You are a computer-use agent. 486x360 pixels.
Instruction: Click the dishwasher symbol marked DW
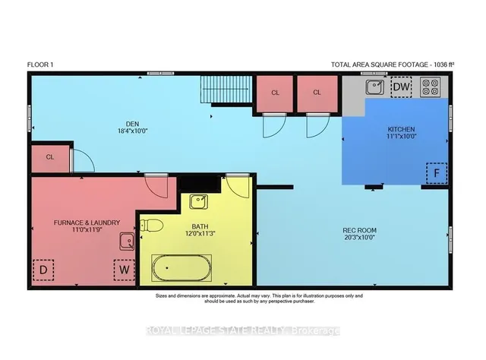pyautogui.click(x=402, y=88)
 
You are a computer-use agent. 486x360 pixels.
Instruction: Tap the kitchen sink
pyautogui.click(x=374, y=88)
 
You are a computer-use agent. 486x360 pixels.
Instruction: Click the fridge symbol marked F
pyautogui.click(x=436, y=173)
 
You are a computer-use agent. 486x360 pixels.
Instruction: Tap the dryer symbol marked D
pyautogui.click(x=44, y=270)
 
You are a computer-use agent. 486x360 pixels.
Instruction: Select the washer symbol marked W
pyautogui.click(x=124, y=270)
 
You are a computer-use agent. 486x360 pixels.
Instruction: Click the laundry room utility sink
pyautogui.click(x=126, y=242)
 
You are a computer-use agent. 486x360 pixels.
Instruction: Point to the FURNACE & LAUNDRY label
pyautogui.click(x=87, y=222)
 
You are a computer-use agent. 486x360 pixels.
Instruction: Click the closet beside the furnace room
pyautogui.click(x=49, y=157)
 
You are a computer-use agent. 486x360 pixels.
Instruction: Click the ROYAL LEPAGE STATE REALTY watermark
pyautogui.click(x=243, y=330)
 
